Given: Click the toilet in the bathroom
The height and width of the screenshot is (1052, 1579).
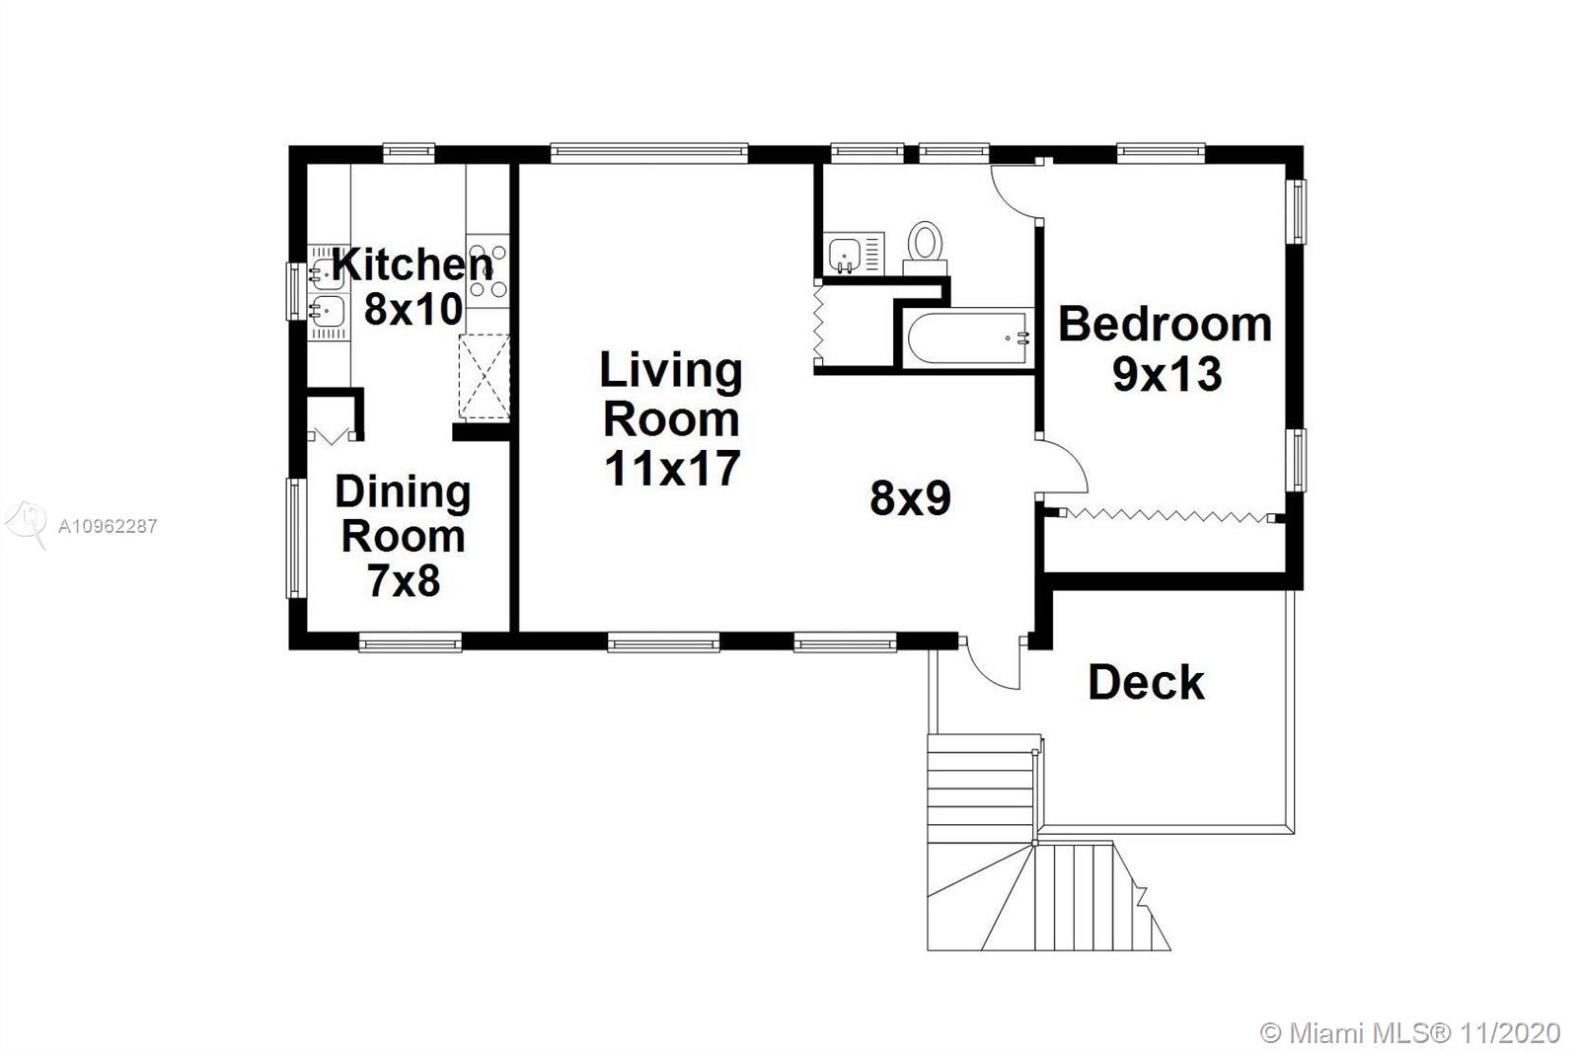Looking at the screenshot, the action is point(925,248).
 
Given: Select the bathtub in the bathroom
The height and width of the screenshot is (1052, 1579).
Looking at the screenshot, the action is point(968,338).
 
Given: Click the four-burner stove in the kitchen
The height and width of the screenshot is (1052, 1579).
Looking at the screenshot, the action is point(488,270).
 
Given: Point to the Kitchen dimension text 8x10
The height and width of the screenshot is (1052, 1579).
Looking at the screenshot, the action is point(414,309).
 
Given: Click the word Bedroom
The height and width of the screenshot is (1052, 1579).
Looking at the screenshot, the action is point(1165,325).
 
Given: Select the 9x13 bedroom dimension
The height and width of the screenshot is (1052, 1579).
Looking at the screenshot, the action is point(1166,374).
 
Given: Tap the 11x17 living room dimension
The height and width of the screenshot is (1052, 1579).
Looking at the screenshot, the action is point(672,468).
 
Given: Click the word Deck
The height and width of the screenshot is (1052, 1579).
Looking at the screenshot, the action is point(1146,682).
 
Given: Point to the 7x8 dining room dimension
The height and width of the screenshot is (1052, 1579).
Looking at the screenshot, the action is point(404,580).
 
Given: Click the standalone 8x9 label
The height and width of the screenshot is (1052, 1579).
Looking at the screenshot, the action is point(910,497).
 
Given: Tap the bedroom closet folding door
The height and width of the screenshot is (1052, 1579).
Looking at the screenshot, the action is point(1166,515).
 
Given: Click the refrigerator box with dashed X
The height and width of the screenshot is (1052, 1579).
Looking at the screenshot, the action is point(485,377).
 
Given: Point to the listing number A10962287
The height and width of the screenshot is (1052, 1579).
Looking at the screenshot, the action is point(108,526).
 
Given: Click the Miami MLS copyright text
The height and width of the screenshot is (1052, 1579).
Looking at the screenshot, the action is point(1410,1033).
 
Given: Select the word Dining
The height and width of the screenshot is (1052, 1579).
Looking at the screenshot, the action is point(403,492).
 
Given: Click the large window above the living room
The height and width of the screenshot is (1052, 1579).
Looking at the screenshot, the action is point(648,153).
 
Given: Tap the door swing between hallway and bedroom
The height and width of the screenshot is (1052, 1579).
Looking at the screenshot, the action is point(1061,466).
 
